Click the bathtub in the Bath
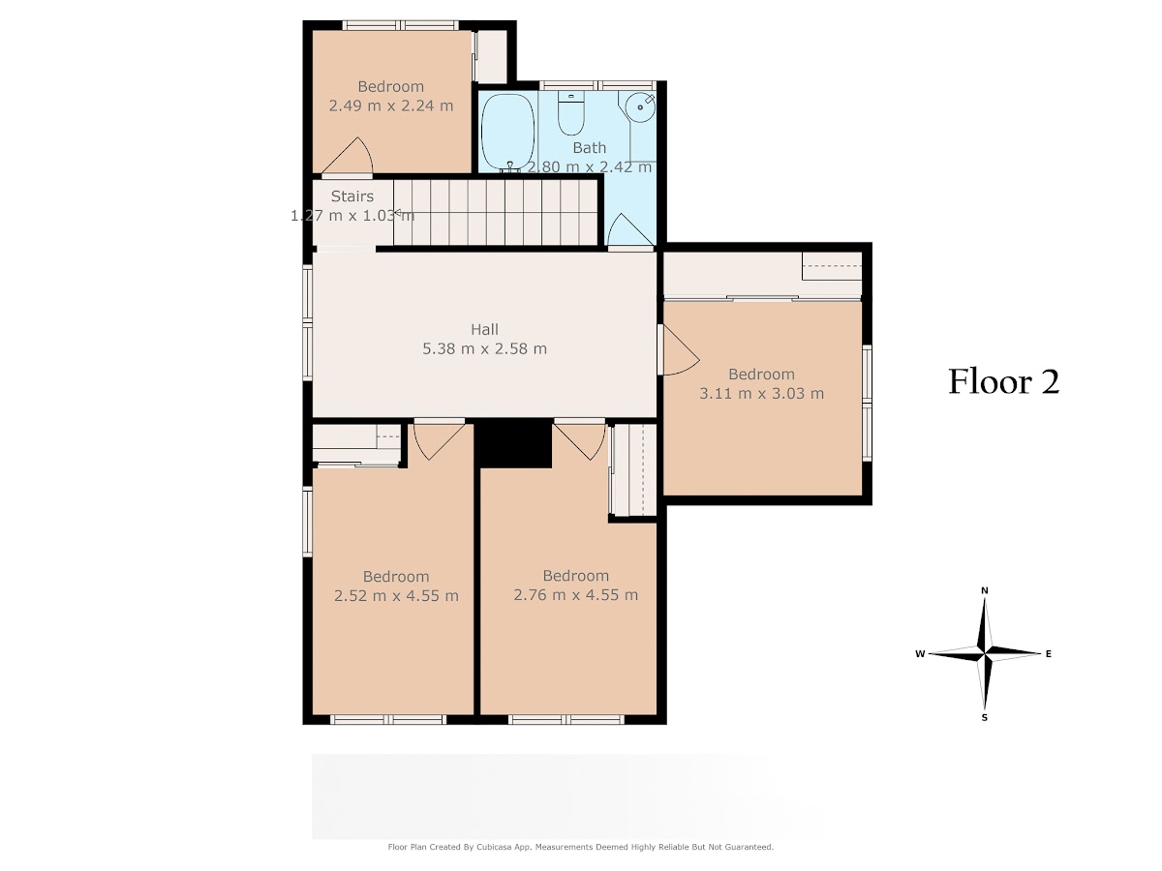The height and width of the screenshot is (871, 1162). (x=507, y=132)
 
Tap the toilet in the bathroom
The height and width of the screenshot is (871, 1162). (x=570, y=112)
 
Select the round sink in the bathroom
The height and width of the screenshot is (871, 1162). (x=640, y=107)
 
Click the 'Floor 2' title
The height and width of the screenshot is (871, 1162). (x=1003, y=382)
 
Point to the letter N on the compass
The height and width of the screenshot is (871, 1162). (x=985, y=590)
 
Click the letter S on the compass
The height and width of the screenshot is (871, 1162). (x=985, y=718)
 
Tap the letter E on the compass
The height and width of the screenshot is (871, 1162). (x=1048, y=654)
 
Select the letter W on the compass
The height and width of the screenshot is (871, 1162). (x=920, y=654)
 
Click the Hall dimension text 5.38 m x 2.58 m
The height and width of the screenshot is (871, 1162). (x=484, y=349)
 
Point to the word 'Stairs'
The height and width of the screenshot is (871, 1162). (x=352, y=196)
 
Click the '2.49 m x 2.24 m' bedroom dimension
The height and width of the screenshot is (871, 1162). (x=390, y=105)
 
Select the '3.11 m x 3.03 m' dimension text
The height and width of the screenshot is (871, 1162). (x=761, y=394)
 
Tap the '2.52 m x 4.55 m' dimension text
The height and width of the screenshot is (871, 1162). (x=396, y=596)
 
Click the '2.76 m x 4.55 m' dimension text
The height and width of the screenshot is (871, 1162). (x=575, y=595)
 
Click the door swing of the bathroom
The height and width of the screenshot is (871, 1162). (x=630, y=229)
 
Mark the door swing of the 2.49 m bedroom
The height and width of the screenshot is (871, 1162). (x=348, y=156)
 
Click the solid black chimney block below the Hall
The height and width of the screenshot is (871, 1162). (x=512, y=443)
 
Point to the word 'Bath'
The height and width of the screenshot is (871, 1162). (x=589, y=148)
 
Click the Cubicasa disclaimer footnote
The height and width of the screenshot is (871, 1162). (x=581, y=847)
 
